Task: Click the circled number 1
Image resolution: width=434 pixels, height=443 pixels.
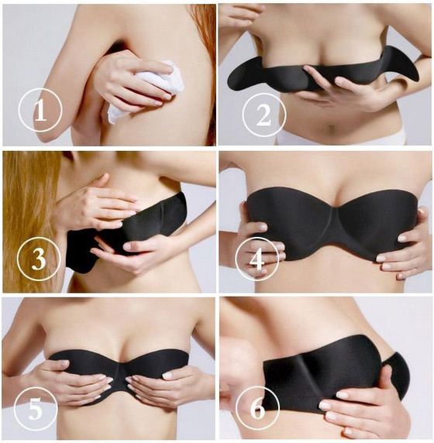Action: [x=40, y=110]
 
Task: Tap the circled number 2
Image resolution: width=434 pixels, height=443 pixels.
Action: [x=264, y=115]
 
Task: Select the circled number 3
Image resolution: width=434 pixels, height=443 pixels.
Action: [x=39, y=259]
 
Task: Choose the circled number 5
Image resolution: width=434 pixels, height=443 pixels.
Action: [x=36, y=408]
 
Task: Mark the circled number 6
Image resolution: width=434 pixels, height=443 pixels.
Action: [x=257, y=408]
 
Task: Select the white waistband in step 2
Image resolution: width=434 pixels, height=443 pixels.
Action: [x=339, y=139]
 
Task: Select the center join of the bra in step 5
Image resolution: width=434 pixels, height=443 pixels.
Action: [x=119, y=373]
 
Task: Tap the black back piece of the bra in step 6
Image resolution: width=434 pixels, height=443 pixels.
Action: [x=398, y=376]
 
